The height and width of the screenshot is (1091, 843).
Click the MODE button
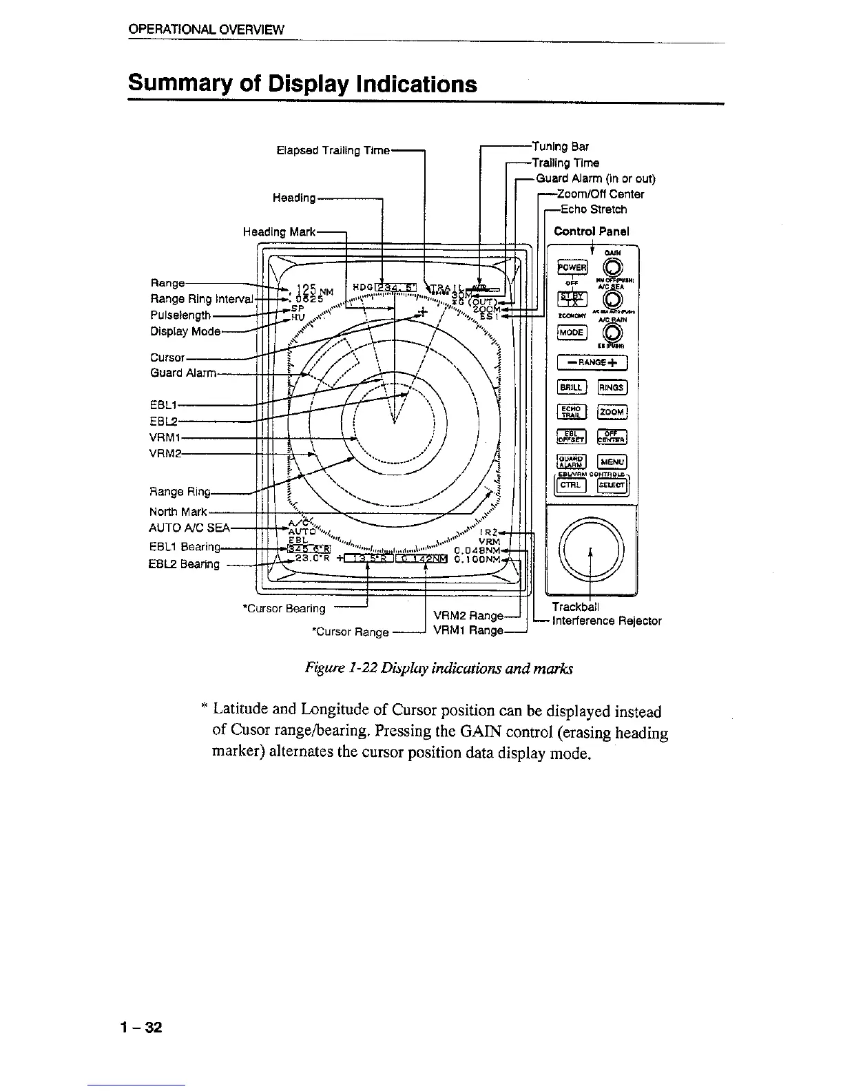click(x=571, y=332)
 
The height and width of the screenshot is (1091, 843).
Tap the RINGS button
click(x=611, y=388)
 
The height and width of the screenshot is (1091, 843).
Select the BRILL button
click(x=571, y=388)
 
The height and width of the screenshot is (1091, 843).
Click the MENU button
click(x=612, y=461)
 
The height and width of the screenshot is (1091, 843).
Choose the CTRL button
click(x=570, y=486)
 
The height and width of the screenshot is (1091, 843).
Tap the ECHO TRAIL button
click(x=571, y=412)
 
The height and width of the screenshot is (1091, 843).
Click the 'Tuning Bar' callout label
click(x=560, y=147)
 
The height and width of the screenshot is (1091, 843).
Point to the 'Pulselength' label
click(x=180, y=315)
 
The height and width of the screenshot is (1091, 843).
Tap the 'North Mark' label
click(x=178, y=512)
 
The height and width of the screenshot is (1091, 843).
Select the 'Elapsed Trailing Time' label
click(x=333, y=150)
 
